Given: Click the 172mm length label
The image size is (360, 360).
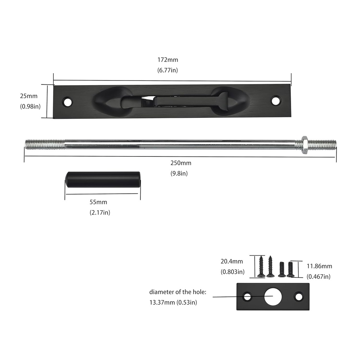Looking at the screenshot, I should tap(167, 60).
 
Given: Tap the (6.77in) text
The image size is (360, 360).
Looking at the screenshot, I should tap(167, 70).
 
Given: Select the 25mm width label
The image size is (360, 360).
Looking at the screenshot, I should tap(28, 96).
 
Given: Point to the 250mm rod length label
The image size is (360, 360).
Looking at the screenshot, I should tap(181, 163).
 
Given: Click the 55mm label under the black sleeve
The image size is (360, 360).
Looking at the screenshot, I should tap(98, 202).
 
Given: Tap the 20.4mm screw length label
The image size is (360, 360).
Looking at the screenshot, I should tap(232, 261).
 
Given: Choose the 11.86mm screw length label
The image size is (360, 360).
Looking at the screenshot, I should tap(319, 266).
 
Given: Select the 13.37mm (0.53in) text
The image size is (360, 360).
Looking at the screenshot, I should tap(173, 303).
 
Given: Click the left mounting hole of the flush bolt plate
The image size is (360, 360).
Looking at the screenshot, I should tap(67, 102).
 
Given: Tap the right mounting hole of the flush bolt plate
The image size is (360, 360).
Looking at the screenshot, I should tap(276, 101).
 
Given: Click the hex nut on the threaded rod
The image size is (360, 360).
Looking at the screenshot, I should tap(305, 144).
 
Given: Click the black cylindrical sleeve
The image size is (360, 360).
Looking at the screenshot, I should tap(103, 179).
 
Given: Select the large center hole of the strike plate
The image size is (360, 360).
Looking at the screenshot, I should tap(273, 297).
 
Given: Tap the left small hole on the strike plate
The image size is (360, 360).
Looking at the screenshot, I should tap(247, 297).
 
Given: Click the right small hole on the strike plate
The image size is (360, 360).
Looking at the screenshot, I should tap(298, 297).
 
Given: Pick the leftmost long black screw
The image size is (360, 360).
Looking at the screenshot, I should tap(261, 266).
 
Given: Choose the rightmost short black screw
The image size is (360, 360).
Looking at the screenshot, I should tap(290, 270).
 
